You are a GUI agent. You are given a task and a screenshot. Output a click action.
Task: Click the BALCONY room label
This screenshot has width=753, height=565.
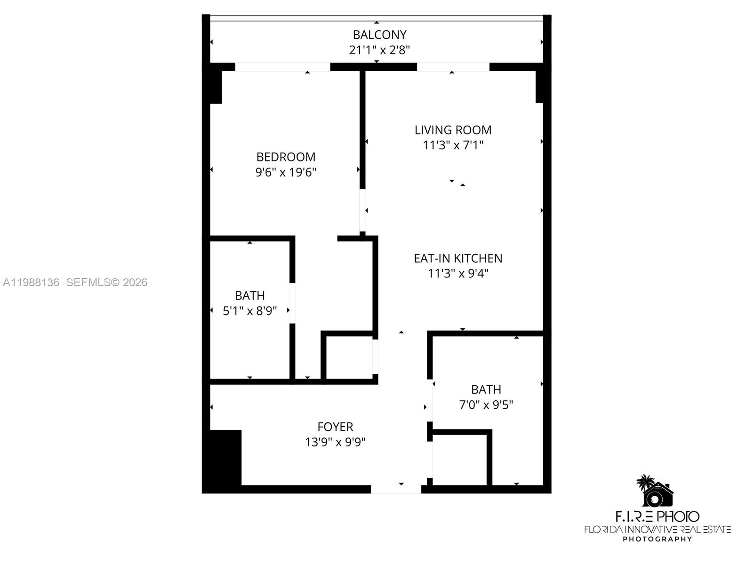point(379,35)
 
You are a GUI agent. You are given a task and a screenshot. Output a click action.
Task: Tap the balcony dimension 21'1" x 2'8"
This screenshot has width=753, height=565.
point(379,50)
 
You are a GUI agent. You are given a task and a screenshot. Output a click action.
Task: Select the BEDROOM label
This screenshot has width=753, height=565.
point(286,157)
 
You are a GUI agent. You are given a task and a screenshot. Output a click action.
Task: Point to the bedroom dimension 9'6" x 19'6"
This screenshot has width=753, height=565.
point(286,172)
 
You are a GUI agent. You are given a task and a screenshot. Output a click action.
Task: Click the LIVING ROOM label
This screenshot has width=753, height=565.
point(453,130)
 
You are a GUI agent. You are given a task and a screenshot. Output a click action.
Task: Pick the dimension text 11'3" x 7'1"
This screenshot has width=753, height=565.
point(453,145)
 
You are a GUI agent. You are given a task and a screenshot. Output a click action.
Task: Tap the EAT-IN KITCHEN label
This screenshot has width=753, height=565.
point(458,258)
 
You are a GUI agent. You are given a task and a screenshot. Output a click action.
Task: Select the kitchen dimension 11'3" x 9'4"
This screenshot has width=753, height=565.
point(458,273)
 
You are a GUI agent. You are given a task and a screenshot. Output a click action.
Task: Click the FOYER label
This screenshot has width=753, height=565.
point(335,427)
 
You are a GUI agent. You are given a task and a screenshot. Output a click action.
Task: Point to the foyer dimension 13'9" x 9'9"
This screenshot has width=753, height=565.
point(335,442)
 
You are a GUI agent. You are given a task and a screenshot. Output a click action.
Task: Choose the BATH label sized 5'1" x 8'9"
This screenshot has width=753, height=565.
point(249,296)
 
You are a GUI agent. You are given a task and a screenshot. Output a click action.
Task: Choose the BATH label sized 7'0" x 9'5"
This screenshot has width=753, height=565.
point(486,389)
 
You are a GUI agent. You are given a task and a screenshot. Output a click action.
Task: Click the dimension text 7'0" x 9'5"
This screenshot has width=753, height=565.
point(486,404)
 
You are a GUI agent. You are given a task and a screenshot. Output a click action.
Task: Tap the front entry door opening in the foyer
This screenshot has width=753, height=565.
point(396,490)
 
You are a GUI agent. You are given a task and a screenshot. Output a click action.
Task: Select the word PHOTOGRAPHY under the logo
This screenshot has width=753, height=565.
point(657,539)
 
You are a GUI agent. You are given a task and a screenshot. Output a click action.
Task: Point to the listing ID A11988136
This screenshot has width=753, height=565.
point(31,282)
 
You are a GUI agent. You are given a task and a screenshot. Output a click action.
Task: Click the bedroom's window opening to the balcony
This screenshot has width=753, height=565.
point(282,67)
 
